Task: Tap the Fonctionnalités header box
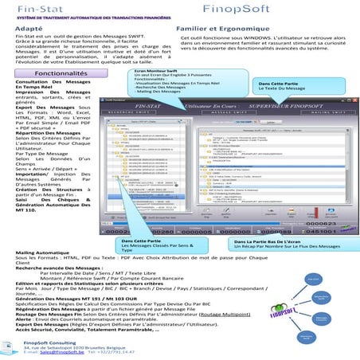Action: click(51, 73)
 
